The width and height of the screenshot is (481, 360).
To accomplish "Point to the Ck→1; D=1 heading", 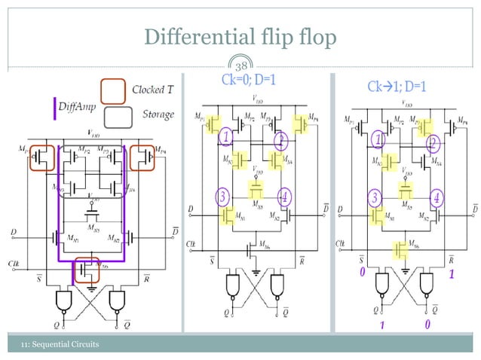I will click(x=397, y=87).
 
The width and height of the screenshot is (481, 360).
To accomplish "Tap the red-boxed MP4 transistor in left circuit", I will click(x=143, y=157).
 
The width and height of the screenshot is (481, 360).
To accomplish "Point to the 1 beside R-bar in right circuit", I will click(x=452, y=275).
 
